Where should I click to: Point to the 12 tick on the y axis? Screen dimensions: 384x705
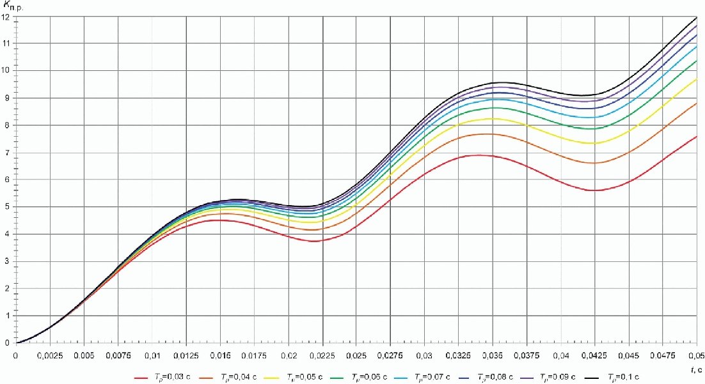pyautogui.click(x=6, y=16)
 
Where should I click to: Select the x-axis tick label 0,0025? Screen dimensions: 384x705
pyautogui.click(x=49, y=354)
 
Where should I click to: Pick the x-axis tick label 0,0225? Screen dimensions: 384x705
pyautogui.click(x=322, y=354)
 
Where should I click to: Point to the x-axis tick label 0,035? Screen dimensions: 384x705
pyautogui.click(x=493, y=354)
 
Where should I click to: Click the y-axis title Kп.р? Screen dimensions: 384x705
pyautogui.click(x=13, y=6)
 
